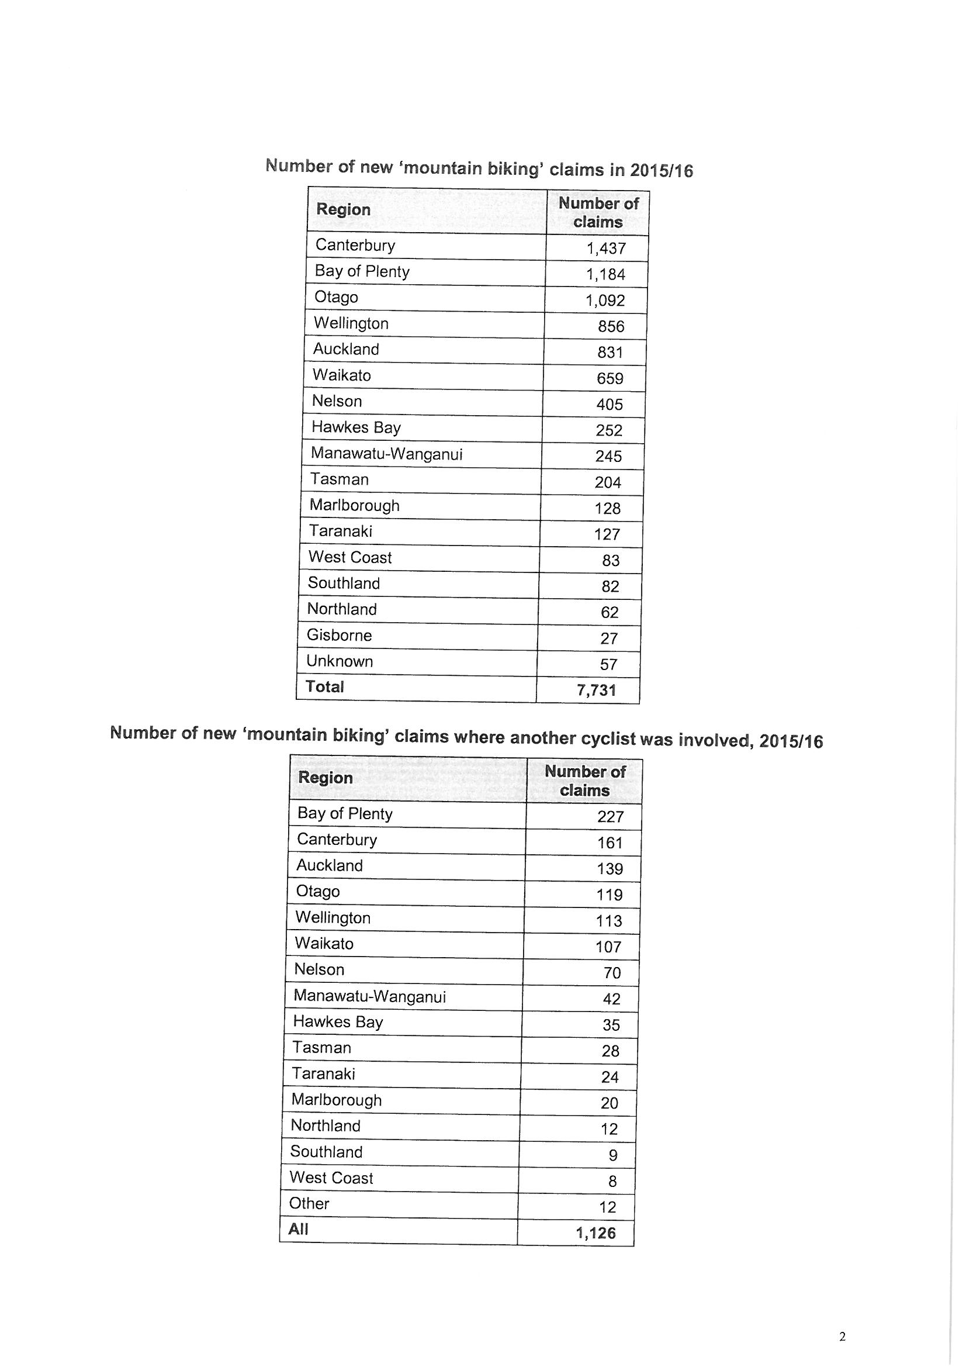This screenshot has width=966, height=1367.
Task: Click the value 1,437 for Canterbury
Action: click(606, 248)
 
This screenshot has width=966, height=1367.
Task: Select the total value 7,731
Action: click(597, 690)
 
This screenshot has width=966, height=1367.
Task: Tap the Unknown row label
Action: click(340, 661)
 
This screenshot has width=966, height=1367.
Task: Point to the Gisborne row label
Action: click(339, 635)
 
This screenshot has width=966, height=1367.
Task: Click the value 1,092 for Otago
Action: click(605, 300)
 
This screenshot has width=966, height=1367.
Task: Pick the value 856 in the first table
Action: click(611, 326)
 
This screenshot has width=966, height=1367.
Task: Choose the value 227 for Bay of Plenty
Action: click(610, 816)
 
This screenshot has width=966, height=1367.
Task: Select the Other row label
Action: click(309, 1203)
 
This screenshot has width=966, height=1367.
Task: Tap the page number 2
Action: click(842, 1337)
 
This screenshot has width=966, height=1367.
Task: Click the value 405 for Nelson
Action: click(610, 404)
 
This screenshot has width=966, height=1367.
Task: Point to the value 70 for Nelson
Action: click(612, 973)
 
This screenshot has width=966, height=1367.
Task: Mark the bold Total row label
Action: click(324, 686)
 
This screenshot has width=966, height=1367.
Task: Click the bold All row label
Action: click(298, 1229)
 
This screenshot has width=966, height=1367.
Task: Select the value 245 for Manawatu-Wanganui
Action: click(608, 456)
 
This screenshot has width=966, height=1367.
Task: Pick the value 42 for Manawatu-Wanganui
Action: click(611, 999)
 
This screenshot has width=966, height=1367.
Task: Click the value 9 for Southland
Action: click(613, 1155)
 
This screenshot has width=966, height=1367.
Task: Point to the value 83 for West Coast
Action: click(611, 560)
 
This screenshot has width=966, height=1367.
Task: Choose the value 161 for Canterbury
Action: click(610, 843)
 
